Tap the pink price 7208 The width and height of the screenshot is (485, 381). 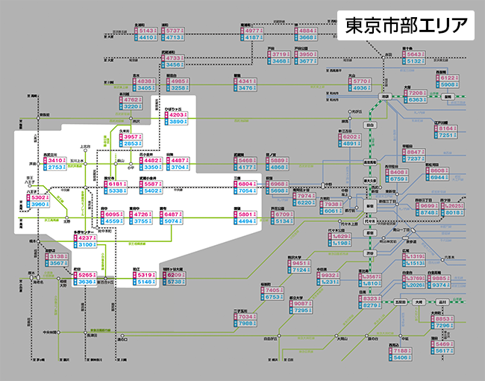pos(416,93)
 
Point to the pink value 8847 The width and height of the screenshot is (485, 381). pos(417,152)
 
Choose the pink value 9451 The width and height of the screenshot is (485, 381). pos(300,263)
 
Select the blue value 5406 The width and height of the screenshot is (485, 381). pos(401,357)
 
